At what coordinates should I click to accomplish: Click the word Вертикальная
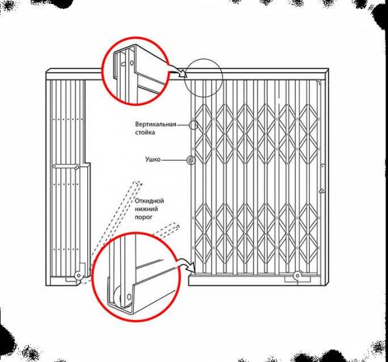tap(156, 124)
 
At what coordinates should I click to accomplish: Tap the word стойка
tap(145, 132)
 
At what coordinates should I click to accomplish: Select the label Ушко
tap(153, 159)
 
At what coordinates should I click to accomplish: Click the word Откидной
tap(149, 200)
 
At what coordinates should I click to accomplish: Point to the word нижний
tap(146, 209)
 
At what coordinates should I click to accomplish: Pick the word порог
tap(144, 218)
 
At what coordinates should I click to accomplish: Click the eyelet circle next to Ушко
tap(191, 161)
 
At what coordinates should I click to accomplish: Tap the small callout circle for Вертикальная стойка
tap(193, 124)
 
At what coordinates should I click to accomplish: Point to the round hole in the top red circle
tap(132, 62)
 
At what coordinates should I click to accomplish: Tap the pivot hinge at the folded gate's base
tap(78, 275)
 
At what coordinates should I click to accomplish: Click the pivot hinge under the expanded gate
tap(297, 275)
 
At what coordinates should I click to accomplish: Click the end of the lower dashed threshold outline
tap(177, 225)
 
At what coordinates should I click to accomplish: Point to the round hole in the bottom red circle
tap(129, 297)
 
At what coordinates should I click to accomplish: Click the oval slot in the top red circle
tap(123, 63)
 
